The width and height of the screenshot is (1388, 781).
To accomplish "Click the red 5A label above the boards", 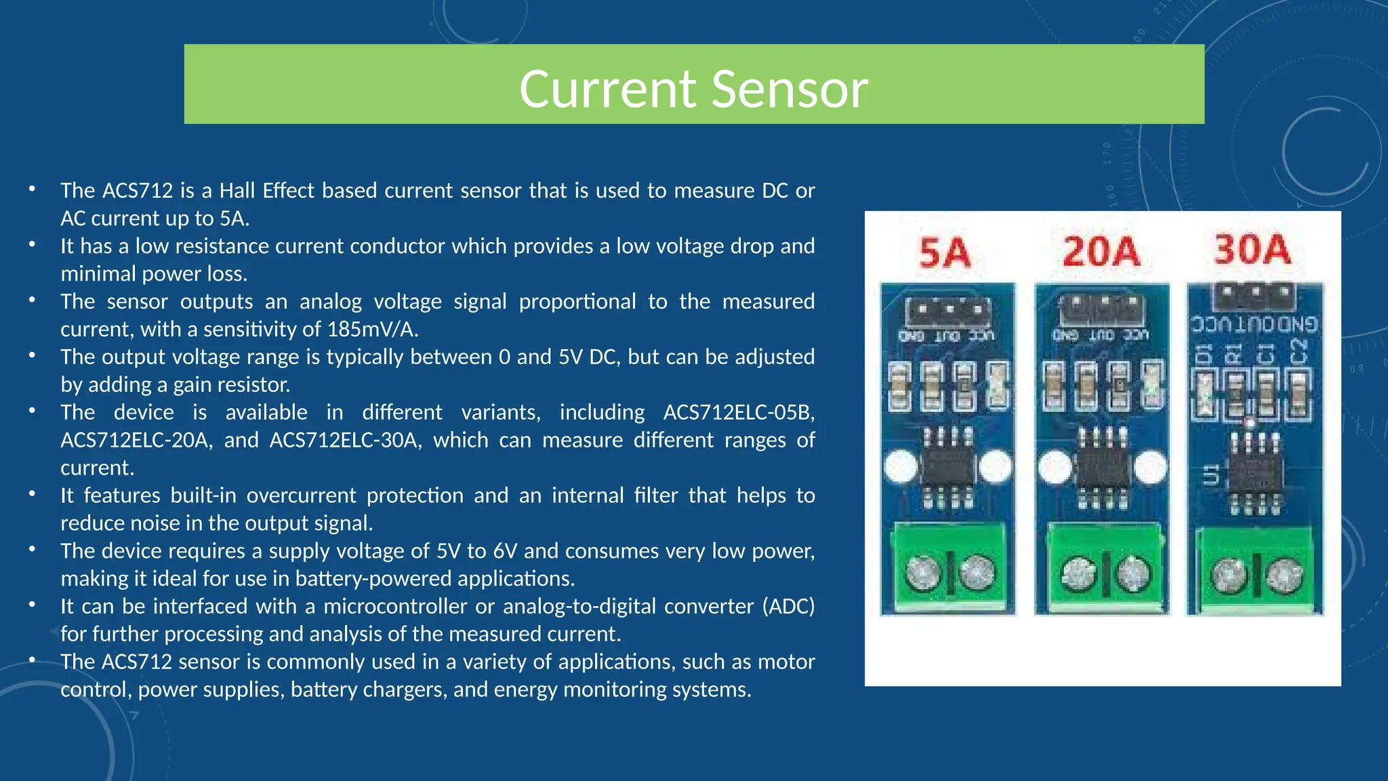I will click(x=945, y=253).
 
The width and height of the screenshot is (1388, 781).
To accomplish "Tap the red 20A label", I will click(x=1101, y=252).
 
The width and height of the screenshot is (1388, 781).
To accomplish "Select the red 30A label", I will click(x=1252, y=249).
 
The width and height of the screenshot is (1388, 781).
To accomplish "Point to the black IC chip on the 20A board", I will click(x=1103, y=468).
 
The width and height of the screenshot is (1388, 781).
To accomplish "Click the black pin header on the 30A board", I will click(x=1255, y=296).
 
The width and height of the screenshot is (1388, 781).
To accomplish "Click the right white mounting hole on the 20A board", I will click(x=1151, y=467).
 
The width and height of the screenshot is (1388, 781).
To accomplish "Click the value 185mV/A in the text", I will click(x=372, y=329).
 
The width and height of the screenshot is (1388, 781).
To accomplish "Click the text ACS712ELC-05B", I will click(x=739, y=412).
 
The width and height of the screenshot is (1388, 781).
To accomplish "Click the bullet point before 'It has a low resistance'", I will click(x=32, y=245).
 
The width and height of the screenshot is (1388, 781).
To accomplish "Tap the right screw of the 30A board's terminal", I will click(x=1280, y=576).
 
